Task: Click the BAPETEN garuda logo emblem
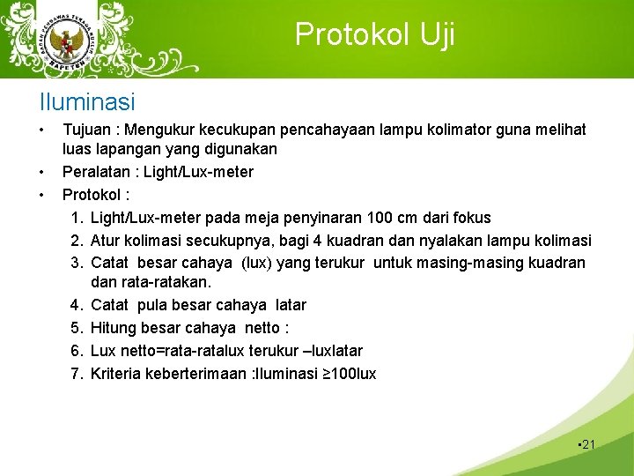pyautogui.click(x=64, y=41)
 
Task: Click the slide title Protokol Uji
pyautogui.click(x=374, y=34)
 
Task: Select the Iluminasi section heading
pyautogui.click(x=87, y=102)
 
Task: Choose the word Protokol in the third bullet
pyautogui.click(x=91, y=194)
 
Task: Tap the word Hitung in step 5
pyautogui.click(x=112, y=328)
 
